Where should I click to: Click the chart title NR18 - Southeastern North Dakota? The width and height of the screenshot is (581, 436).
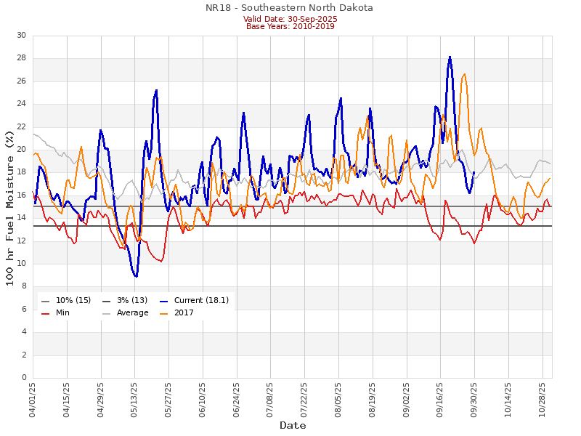(x=289, y=8)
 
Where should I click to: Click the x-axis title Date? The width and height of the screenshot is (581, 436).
(x=293, y=425)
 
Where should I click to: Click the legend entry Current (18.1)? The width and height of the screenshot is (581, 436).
(x=200, y=300)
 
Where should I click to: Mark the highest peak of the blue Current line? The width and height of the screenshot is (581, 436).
(x=450, y=57)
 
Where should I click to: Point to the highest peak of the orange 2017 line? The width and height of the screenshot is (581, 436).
(x=465, y=73)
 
